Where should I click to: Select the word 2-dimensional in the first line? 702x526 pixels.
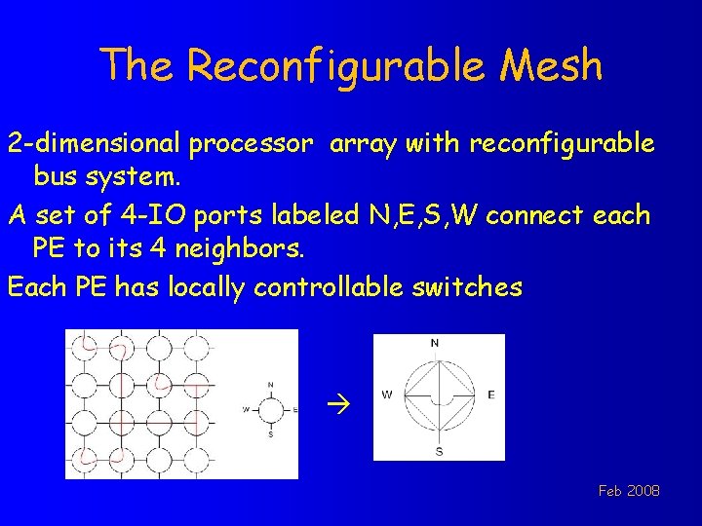94,144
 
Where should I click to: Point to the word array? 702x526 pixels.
363,144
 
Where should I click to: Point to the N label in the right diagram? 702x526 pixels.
435,343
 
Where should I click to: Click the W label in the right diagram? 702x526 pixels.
387,395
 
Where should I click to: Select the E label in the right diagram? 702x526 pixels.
490,395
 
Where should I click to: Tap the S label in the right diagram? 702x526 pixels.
439,451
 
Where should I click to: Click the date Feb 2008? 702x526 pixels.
629,491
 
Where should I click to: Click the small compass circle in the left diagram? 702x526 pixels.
270,409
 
